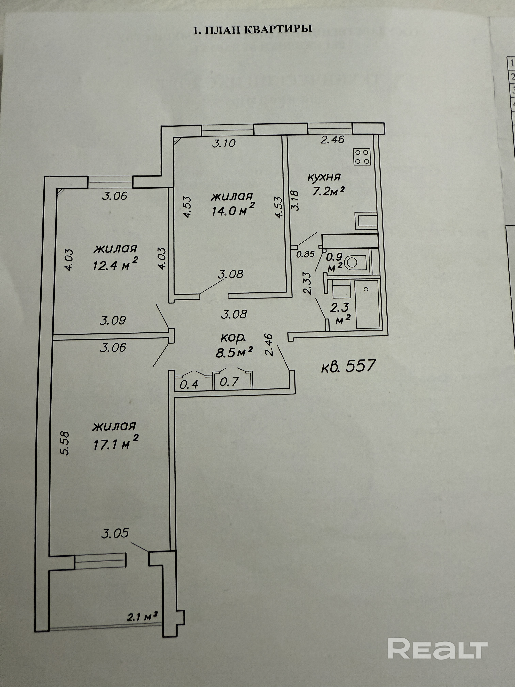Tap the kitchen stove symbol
tap(362, 157)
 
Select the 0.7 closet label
tap(229, 382)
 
